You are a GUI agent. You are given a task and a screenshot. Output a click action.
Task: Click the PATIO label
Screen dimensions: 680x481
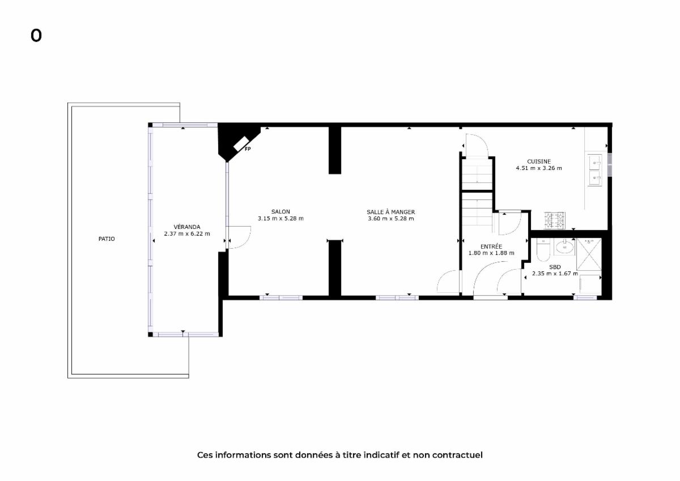(107, 239)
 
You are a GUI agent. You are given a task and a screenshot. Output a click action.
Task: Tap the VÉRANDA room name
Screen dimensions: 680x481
(186, 227)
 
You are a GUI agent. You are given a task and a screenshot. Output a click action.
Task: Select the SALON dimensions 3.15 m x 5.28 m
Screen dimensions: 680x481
(280, 218)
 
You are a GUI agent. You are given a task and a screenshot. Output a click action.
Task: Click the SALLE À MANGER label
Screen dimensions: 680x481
(390, 212)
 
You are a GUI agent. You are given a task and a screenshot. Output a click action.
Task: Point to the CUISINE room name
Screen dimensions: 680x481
(539, 161)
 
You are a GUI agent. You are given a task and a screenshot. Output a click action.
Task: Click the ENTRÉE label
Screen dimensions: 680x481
(491, 246)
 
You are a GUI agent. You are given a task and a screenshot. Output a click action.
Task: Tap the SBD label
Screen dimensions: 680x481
(555, 267)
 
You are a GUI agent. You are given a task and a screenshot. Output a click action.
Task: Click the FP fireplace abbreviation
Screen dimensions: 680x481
(248, 149)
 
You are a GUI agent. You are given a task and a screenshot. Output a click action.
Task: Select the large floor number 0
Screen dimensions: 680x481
(36, 36)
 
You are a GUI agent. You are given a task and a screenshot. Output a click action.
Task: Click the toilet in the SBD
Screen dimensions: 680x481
(543, 249)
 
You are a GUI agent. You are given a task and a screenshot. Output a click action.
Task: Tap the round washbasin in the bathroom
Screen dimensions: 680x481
(565, 246)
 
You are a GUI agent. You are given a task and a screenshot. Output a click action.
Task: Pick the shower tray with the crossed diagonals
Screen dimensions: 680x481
(589, 254)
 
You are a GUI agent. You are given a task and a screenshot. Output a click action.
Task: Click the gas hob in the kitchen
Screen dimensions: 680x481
(555, 220)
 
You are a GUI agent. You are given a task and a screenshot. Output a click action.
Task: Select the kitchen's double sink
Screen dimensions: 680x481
(594, 170)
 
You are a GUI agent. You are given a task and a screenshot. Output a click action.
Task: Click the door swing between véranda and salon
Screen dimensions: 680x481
(239, 237)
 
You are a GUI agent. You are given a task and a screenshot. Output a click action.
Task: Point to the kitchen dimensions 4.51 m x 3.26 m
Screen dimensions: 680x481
(539, 168)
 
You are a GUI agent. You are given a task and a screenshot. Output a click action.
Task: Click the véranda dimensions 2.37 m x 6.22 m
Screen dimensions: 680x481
(187, 233)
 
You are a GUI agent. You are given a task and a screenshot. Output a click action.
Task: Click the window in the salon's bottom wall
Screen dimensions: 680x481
(281, 297)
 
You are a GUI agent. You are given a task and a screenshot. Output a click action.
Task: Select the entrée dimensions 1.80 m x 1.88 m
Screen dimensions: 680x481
(491, 253)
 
